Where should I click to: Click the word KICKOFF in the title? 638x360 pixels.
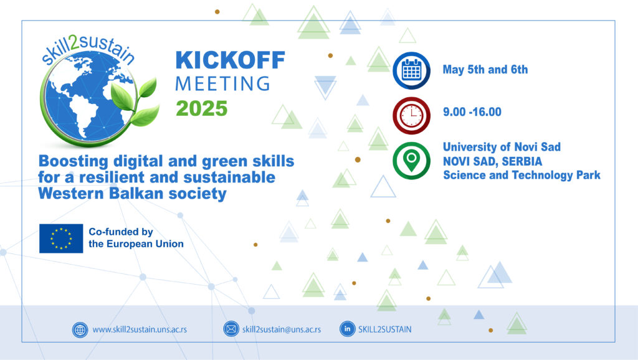[230, 60]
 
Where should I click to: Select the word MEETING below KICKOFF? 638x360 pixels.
[222, 84]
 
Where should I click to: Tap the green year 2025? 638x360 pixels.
[201, 108]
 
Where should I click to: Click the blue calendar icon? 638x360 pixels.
[411, 71]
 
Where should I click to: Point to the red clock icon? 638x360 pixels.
[411, 115]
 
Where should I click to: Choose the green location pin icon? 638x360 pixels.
[411, 161]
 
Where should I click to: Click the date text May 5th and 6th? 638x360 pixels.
[485, 70]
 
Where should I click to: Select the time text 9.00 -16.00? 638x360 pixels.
[472, 112]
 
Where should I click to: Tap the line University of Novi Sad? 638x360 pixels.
[502, 147]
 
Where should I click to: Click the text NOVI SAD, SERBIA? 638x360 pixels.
[492, 161]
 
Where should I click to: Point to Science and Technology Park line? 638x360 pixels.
[521, 175]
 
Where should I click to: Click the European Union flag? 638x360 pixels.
[61, 239]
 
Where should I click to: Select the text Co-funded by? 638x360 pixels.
[121, 232]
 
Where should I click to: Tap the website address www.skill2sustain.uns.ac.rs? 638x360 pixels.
[140, 329]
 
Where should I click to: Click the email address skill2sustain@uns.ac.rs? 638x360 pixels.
[282, 329]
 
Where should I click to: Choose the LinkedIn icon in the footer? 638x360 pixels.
[347, 329]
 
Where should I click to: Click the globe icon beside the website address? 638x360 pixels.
[80, 329]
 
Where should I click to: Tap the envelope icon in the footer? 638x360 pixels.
[231, 329]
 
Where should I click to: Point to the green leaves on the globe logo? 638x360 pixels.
[135, 102]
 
